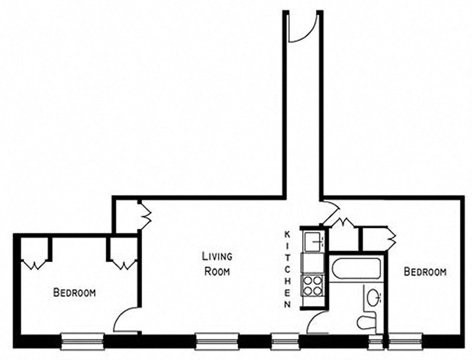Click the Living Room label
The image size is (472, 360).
(x=217, y=264)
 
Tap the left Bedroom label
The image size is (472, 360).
(x=74, y=292)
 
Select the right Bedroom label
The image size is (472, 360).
(x=425, y=272)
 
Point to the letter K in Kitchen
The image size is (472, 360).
(x=287, y=234)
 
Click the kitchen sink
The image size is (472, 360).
(x=313, y=242)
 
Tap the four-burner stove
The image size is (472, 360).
(x=313, y=286)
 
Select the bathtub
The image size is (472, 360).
(x=356, y=269)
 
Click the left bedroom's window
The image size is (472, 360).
(x=83, y=341)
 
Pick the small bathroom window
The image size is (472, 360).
(x=375, y=342)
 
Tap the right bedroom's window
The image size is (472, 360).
(x=405, y=341)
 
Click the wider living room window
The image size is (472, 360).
(x=217, y=341)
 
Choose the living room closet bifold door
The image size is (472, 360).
(x=145, y=215)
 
